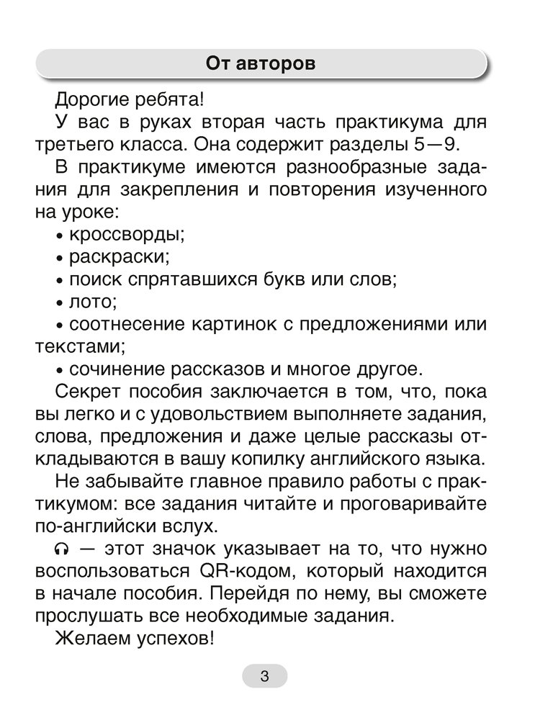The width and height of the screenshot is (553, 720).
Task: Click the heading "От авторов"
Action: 261,63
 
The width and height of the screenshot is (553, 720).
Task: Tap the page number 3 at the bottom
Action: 264,676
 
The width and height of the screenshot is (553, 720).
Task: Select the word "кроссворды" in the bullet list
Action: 127,235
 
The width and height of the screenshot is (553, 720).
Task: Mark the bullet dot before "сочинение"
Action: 60,371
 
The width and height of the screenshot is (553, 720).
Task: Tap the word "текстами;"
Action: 80,346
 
